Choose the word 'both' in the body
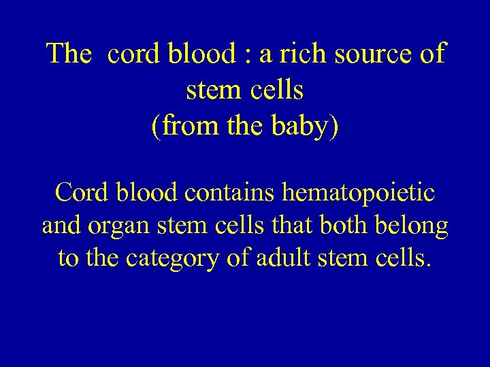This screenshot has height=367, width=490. click(x=344, y=226)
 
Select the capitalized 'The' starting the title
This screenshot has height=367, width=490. click(x=68, y=54)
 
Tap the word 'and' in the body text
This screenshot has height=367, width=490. click(x=61, y=226)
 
